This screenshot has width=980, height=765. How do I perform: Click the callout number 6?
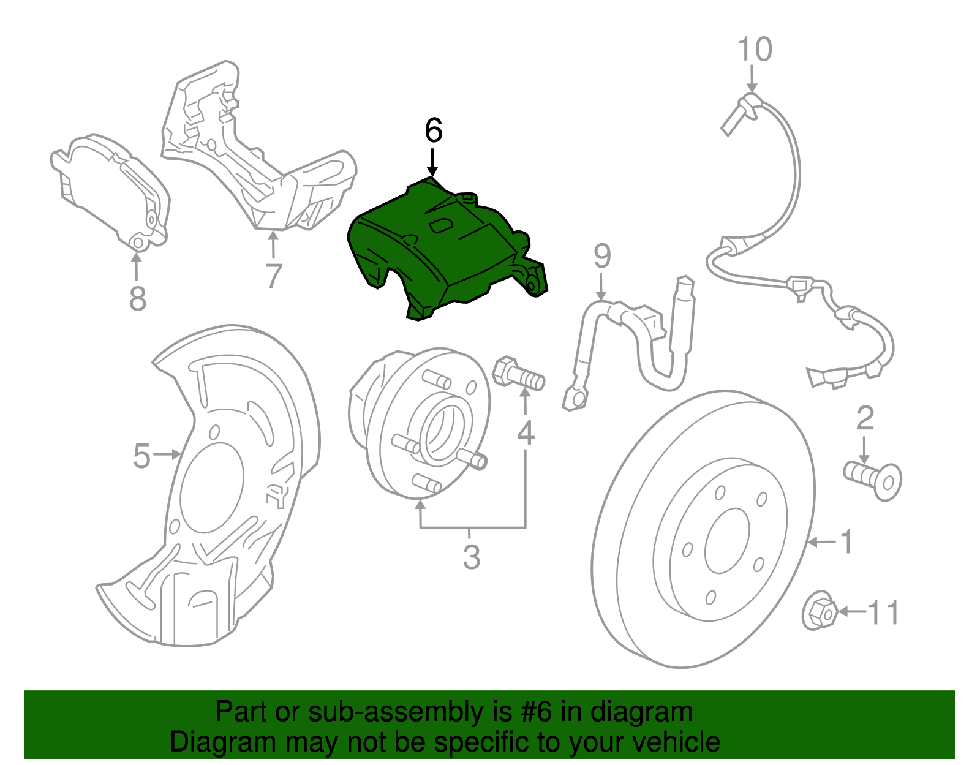tap(433, 131)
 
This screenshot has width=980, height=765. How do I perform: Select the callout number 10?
tap(754, 50)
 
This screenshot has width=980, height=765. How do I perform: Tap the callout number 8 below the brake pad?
tap(138, 300)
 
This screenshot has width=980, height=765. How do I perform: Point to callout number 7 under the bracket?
tap(273, 276)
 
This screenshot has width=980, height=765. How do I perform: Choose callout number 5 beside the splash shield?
tap(141, 456)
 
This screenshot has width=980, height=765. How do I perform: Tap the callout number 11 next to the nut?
tap(884, 612)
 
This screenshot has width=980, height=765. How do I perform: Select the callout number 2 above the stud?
tap(865, 419)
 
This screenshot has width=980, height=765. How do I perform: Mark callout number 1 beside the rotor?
tap(846, 543)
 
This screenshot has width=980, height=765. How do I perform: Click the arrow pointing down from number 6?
tap(433, 163)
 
